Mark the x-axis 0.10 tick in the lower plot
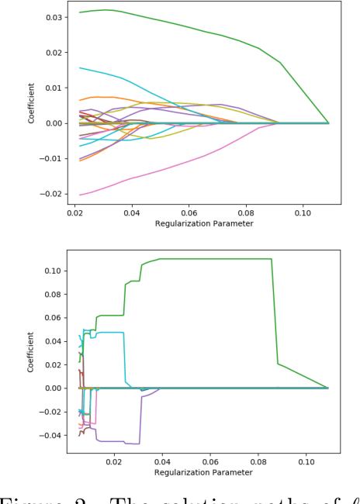point(306,461)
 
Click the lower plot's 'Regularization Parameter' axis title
point(203,472)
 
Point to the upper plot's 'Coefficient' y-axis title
point(32,105)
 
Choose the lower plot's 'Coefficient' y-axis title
point(32,352)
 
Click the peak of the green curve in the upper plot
point(105,10)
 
